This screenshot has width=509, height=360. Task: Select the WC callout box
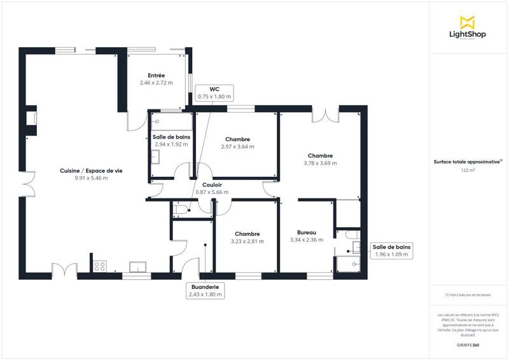coord(214,92)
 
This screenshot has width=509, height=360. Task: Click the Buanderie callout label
coord(205,290)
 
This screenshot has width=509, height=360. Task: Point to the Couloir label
coord(212,184)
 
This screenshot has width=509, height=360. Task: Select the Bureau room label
coord(306,232)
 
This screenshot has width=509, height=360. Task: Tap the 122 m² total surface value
coord(468,170)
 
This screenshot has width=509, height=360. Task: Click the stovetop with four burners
coord(100,266)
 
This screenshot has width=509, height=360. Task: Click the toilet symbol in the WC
coord(180,209)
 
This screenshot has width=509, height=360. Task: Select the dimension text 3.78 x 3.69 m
coord(320,163)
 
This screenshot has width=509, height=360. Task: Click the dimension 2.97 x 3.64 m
coord(237,147)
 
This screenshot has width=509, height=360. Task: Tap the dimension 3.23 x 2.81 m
coord(247,241)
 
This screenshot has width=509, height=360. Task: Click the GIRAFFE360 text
coord(468,343)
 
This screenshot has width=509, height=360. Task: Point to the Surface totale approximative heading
coord(468,162)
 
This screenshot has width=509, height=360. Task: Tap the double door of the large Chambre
coord(324,115)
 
